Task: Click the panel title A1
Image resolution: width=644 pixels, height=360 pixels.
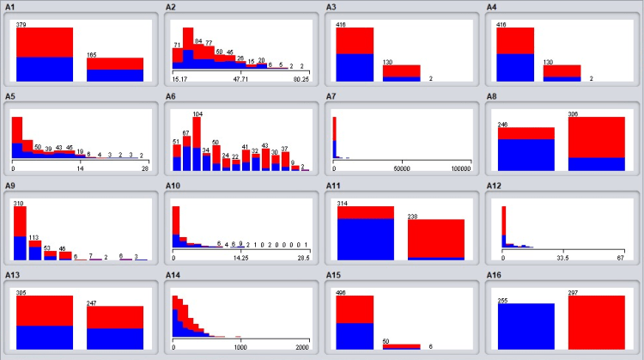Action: click(x=11, y=7)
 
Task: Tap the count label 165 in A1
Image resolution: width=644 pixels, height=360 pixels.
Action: click(x=92, y=55)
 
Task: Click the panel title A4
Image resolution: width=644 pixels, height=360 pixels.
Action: click(x=492, y=7)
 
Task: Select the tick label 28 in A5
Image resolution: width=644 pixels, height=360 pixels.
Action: click(x=145, y=168)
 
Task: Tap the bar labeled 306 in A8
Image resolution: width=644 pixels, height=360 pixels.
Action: click(x=596, y=143)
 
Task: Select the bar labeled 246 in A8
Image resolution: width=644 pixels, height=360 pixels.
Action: click(x=526, y=149)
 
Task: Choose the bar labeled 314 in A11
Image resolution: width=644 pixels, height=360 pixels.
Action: click(x=366, y=233)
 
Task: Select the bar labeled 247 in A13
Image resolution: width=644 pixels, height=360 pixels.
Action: click(x=115, y=327)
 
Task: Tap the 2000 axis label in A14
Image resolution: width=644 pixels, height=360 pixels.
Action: click(x=301, y=347)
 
